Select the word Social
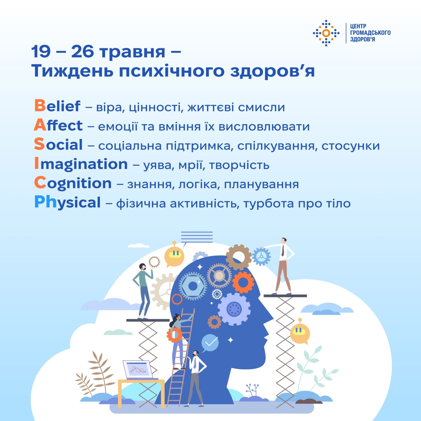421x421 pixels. [58, 144]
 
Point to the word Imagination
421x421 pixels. [81, 164]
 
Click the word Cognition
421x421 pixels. [73, 183]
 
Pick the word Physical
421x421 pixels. [67, 203]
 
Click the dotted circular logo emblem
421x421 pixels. [326, 33]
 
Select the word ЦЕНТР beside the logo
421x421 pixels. [358, 26]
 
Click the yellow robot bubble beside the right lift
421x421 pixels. [300, 332]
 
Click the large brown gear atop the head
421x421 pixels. [239, 257]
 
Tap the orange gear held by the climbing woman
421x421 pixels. [174, 335]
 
